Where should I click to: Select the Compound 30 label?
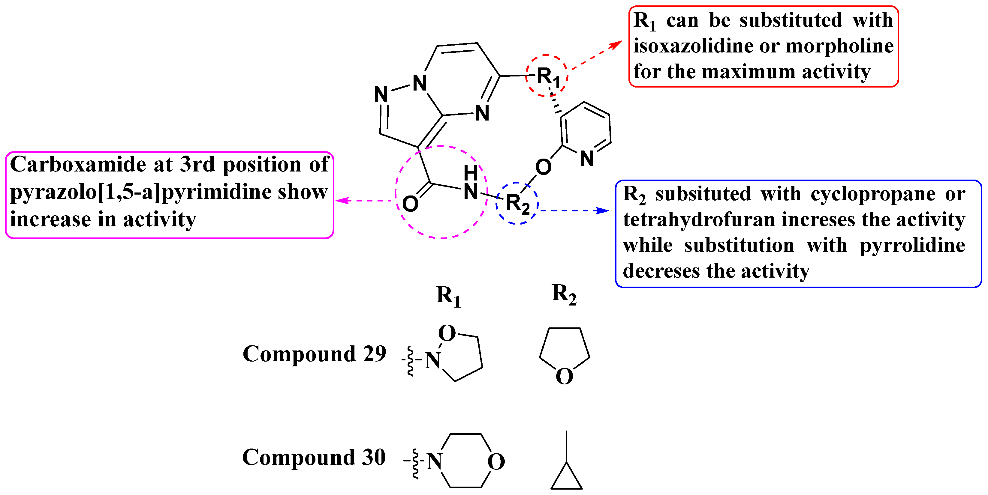[x=314, y=458]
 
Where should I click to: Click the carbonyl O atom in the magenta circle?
[x=410, y=204]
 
